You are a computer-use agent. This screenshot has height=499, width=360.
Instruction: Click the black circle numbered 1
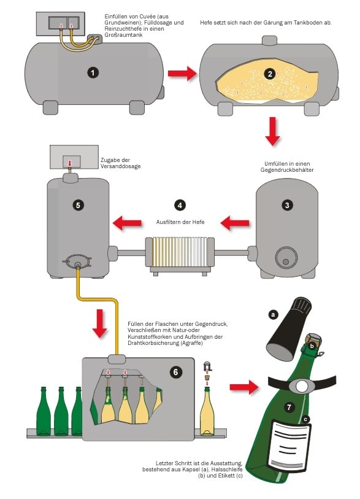[x=93, y=73]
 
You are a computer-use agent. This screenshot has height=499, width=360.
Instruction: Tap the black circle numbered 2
[x=270, y=74]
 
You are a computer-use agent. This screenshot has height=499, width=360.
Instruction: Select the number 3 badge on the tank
[x=287, y=205]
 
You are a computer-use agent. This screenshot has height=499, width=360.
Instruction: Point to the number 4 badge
[x=180, y=205]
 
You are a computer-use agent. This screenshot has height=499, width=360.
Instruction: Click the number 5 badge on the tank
[x=79, y=205]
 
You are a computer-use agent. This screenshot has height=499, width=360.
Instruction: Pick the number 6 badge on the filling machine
[x=176, y=371]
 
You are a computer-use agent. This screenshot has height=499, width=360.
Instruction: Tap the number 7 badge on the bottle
[x=289, y=407]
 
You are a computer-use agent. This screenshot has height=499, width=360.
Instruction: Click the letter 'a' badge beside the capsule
[x=273, y=315]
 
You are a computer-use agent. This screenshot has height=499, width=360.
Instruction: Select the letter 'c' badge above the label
[x=305, y=419]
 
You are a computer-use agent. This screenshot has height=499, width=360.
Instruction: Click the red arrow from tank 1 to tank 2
[x=182, y=74]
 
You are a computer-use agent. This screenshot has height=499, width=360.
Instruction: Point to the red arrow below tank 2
[x=272, y=131]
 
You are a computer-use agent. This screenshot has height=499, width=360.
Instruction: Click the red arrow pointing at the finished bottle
[x=244, y=387]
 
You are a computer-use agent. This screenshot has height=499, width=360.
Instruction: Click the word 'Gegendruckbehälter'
[x=287, y=170]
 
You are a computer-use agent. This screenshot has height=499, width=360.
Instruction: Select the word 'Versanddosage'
[x=121, y=166]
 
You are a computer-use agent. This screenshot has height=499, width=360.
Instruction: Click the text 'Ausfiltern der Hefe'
[x=180, y=222]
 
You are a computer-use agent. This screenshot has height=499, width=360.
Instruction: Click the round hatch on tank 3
[x=286, y=257]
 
